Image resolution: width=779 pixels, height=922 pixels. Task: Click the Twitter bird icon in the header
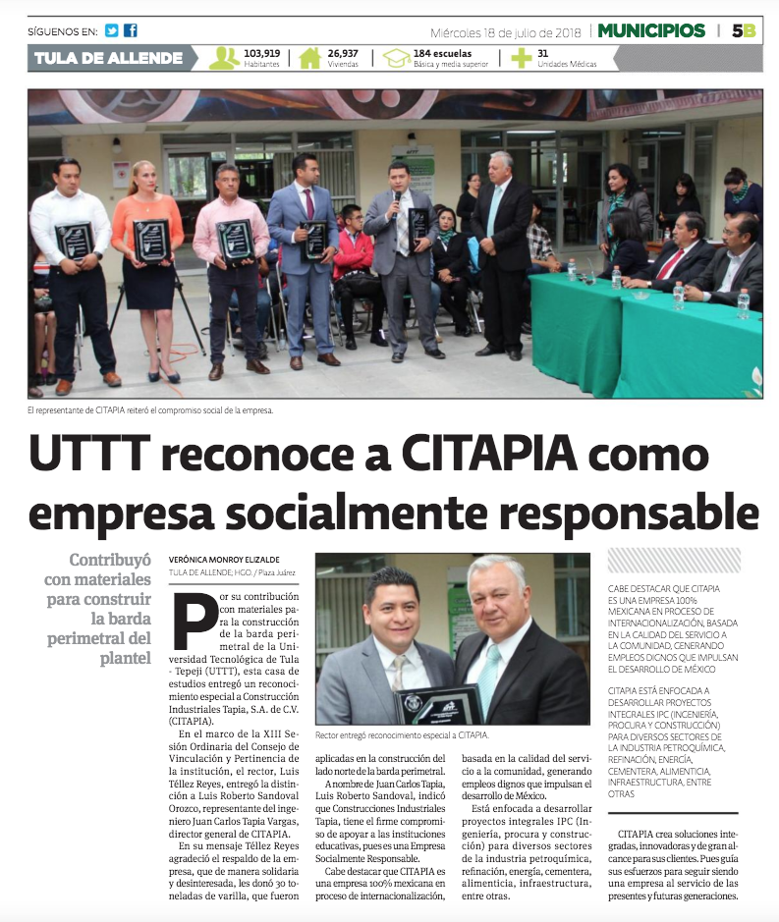click(112, 30)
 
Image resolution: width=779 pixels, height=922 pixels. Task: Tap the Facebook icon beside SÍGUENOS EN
click(131, 30)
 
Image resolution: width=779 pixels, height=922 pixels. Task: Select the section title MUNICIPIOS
click(652, 30)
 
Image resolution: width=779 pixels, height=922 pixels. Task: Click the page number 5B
click(744, 30)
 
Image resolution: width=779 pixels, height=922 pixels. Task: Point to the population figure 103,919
click(262, 53)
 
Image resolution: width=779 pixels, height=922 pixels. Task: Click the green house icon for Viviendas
click(309, 58)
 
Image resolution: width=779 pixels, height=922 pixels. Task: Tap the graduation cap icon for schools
click(396, 58)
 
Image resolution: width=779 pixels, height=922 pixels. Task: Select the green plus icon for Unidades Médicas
click(521, 58)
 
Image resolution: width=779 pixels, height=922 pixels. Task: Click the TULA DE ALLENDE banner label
click(108, 58)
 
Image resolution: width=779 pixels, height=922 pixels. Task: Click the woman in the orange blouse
click(148, 265)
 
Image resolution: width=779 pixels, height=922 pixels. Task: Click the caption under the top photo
click(149, 409)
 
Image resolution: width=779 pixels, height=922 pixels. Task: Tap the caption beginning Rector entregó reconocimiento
click(402, 734)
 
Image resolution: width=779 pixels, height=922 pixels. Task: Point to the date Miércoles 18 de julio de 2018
click(506, 30)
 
